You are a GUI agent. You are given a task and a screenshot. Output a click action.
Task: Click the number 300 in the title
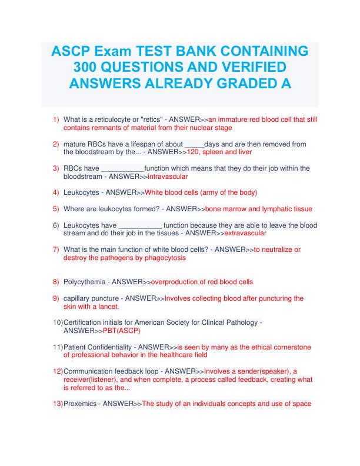pyautogui.click(x=85, y=66)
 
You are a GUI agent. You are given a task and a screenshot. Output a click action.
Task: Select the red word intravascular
pyautogui.click(x=168, y=177)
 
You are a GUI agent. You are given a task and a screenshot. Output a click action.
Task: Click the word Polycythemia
pyautogui.click(x=85, y=282)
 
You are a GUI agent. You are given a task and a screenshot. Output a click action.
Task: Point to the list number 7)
pyautogui.click(x=56, y=249)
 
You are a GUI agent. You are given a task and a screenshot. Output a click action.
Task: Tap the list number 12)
pyautogui.click(x=58, y=372)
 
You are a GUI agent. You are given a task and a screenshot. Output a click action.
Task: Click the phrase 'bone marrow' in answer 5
pyautogui.click(x=227, y=209)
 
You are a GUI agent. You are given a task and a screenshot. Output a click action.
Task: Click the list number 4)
pyautogui.click(x=56, y=192)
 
